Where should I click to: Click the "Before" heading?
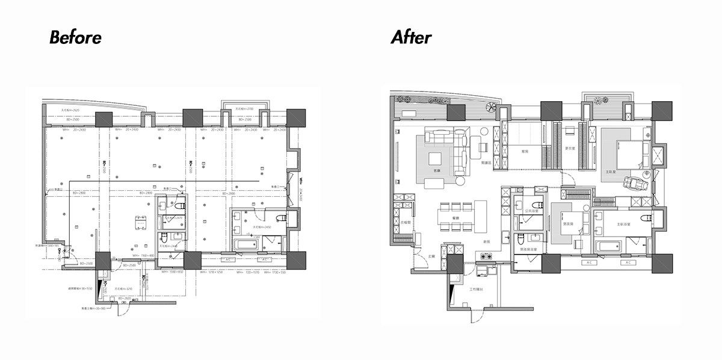pos(75,37)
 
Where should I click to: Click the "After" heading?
pos(411,37)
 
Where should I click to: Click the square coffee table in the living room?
pos(434,159)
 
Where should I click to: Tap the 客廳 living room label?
pos(437,171)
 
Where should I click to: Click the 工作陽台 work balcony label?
pos(477,290)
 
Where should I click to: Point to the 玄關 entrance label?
pos(431,256)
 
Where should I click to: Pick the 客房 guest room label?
pos(525,151)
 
